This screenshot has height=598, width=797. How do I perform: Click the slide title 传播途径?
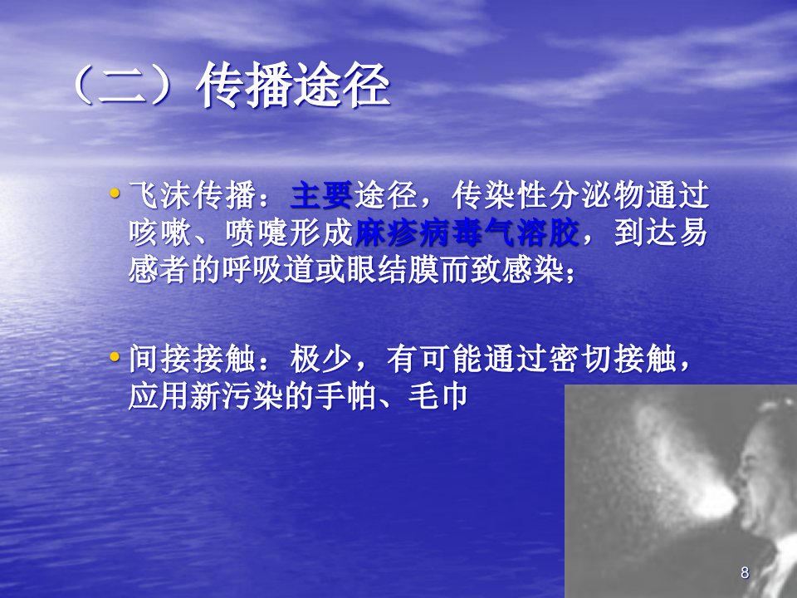[x=293, y=86]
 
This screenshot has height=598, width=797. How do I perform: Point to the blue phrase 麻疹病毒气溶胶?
[x=466, y=233]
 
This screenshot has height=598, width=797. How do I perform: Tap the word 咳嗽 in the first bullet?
[x=160, y=233]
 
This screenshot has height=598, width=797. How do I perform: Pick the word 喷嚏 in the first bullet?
[x=257, y=233]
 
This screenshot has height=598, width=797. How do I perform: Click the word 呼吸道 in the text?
[x=268, y=269]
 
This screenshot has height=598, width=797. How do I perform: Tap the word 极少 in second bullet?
[x=321, y=359]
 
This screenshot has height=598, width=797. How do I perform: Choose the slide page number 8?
[x=745, y=572]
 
